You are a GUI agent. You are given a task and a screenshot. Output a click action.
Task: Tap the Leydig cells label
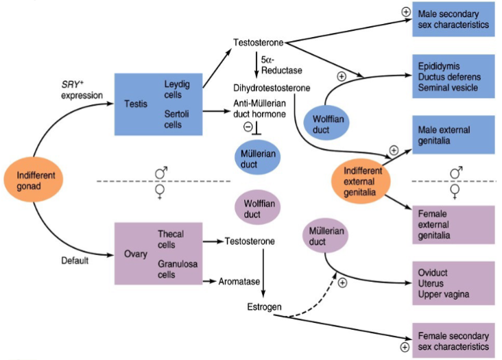[177, 89]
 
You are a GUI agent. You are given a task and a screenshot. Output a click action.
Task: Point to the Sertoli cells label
[177, 119]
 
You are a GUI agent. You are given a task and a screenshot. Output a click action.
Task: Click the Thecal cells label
[171, 239]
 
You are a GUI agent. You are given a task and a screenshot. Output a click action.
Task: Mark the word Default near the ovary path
[76, 260]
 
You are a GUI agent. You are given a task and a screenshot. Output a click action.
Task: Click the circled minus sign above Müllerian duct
[248, 127]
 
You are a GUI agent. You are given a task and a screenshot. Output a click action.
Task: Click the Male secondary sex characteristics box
[453, 19]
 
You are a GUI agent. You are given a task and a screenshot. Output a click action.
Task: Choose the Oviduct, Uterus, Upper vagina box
[453, 283]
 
